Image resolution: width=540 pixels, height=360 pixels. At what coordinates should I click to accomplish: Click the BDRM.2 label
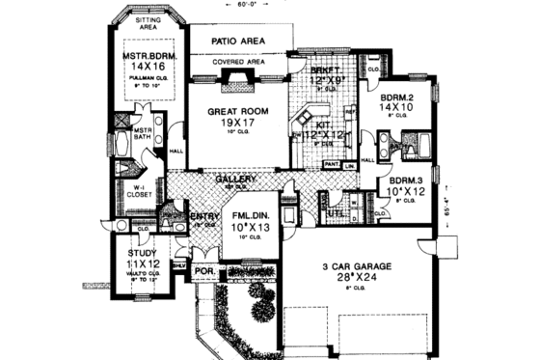[x=396, y=97]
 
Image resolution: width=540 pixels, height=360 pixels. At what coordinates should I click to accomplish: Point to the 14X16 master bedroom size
[x=147, y=69]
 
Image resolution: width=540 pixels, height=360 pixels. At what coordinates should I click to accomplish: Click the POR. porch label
[x=205, y=271]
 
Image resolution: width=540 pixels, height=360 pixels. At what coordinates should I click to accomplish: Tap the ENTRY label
[x=203, y=215]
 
